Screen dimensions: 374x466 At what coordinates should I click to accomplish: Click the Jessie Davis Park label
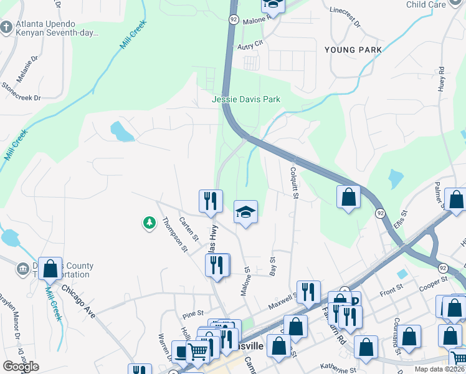[246, 99]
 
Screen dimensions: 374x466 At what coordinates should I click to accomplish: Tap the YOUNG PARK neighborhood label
[353, 50]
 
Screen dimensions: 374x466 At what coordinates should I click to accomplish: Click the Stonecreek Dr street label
[21, 93]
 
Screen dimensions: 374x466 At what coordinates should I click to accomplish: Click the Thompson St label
[175, 234]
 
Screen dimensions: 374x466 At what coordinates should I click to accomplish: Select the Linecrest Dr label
[345, 19]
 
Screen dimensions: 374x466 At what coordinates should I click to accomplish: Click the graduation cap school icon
[245, 213]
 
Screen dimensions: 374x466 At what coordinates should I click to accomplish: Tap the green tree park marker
[149, 222]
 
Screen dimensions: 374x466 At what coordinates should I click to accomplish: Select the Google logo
[21, 367]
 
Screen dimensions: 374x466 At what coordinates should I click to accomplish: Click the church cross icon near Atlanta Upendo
[6, 27]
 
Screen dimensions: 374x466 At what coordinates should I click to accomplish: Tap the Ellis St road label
[401, 220]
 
